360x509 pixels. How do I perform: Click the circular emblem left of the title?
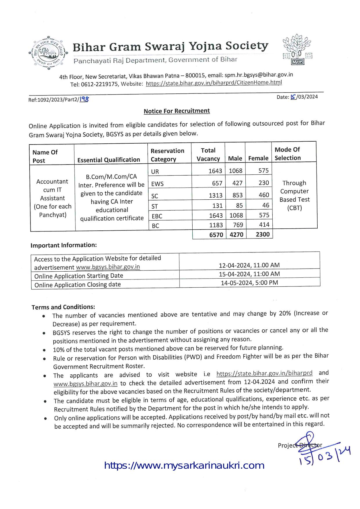pos(48,53)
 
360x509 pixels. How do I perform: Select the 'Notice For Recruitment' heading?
pos(177,111)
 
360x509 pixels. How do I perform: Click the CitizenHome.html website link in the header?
pos(214,83)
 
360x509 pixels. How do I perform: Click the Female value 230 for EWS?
pos(264,183)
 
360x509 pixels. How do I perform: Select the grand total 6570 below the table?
pos(216,234)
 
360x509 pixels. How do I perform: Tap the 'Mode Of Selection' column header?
pos(287,154)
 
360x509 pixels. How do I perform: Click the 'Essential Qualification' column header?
pos(108,160)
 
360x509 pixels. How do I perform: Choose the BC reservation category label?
pos(155,226)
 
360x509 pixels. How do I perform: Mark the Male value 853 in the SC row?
pos(238,195)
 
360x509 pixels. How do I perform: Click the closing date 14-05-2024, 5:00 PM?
pos(249,283)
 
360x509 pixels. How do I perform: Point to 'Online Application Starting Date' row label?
pos(79,276)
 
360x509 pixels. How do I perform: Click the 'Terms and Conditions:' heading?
pos(63,307)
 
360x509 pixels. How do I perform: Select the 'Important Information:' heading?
pos(64,245)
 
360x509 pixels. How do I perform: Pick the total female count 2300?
pos(263,234)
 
